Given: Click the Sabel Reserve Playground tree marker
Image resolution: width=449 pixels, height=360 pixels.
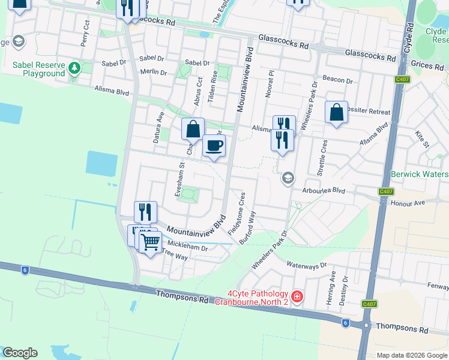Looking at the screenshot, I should (x=74, y=67).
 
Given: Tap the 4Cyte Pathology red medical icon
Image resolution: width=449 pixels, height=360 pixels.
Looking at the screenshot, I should (x=297, y=296).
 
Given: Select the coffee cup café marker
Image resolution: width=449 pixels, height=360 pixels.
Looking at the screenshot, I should (x=214, y=145).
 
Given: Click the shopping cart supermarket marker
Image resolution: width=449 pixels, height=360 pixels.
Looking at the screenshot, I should (x=150, y=242).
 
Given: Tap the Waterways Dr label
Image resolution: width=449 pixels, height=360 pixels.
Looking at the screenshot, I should (x=306, y=265).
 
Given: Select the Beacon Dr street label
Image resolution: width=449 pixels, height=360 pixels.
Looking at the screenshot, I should (x=337, y=80).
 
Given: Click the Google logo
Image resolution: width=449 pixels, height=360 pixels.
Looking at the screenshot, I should (x=20, y=353).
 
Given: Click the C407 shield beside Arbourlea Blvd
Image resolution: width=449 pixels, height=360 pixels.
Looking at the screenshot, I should (x=385, y=191).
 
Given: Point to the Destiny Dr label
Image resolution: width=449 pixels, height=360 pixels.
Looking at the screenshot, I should (x=343, y=290).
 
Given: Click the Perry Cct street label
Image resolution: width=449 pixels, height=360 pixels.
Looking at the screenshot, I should (x=85, y=37).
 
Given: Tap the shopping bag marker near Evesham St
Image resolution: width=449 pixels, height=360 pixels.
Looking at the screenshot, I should (x=193, y=129).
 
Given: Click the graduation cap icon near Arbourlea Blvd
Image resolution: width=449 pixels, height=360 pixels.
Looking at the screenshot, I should (x=288, y=178).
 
